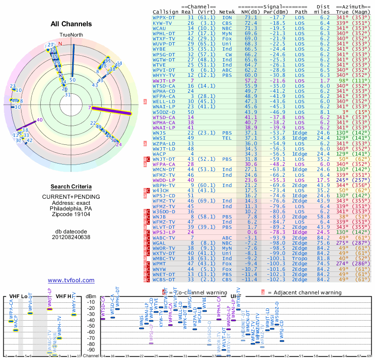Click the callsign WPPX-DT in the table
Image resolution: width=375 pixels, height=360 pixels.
(164, 17)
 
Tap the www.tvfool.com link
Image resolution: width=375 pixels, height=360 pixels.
(71, 280)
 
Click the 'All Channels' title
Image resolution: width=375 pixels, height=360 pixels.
(71, 24)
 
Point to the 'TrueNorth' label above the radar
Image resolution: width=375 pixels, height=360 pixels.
(71, 35)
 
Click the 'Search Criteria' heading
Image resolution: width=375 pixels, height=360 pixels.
(71, 187)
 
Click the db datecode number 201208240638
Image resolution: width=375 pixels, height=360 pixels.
(71, 237)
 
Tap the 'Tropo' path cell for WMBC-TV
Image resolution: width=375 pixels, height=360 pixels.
(301, 258)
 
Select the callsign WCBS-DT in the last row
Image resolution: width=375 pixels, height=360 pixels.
(164, 279)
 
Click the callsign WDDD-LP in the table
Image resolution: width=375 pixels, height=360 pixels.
(164, 179)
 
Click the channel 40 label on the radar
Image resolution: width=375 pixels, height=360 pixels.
(40, 120)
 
